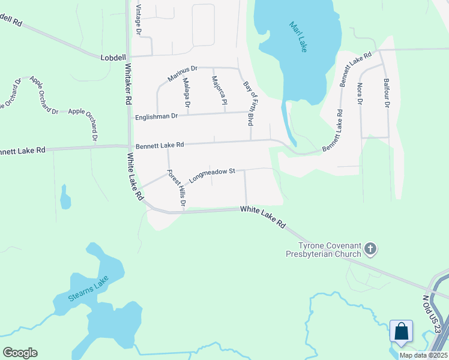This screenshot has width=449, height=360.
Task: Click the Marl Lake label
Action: [x=298, y=37]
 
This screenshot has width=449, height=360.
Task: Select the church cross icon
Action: [x=371, y=248]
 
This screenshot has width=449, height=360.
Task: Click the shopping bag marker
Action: [x=401, y=331]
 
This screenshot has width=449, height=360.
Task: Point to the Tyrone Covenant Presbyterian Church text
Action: [x=322, y=249]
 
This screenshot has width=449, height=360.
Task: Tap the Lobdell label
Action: [x=113, y=56]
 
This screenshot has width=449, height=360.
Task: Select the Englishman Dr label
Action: [x=157, y=116]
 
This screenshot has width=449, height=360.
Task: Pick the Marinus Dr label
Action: [x=182, y=74]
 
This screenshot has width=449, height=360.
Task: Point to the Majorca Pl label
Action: [x=219, y=90]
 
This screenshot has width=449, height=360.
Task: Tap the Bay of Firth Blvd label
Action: [x=247, y=103]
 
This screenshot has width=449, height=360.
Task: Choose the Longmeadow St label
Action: [x=211, y=175]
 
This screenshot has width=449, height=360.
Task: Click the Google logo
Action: [x=20, y=352]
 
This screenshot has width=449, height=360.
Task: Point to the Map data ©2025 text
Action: [x=423, y=355]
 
